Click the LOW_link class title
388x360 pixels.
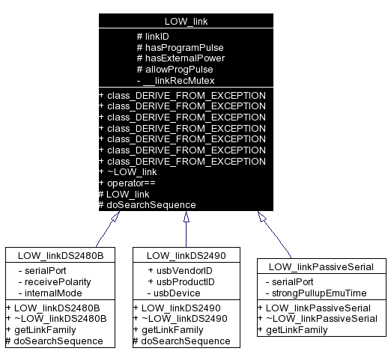[186, 22]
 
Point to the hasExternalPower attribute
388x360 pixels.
[181, 58]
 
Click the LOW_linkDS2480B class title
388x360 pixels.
[60, 255]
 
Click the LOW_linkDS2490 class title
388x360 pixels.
[186, 255]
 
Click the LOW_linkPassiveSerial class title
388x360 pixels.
[321, 266]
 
